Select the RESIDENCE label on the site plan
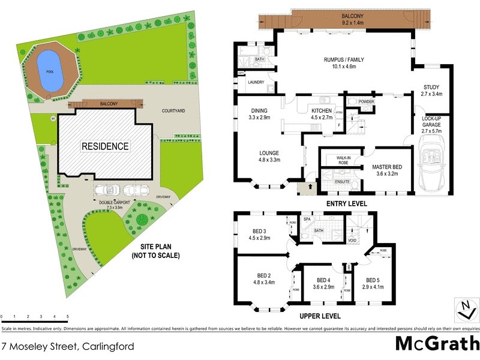(x=105, y=146)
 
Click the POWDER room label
(x=367, y=102)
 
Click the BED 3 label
(x=260, y=232)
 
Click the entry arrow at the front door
(x=310, y=187)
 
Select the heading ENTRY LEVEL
(x=346, y=204)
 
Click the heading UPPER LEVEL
(x=320, y=316)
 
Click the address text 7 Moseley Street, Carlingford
(x=67, y=346)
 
